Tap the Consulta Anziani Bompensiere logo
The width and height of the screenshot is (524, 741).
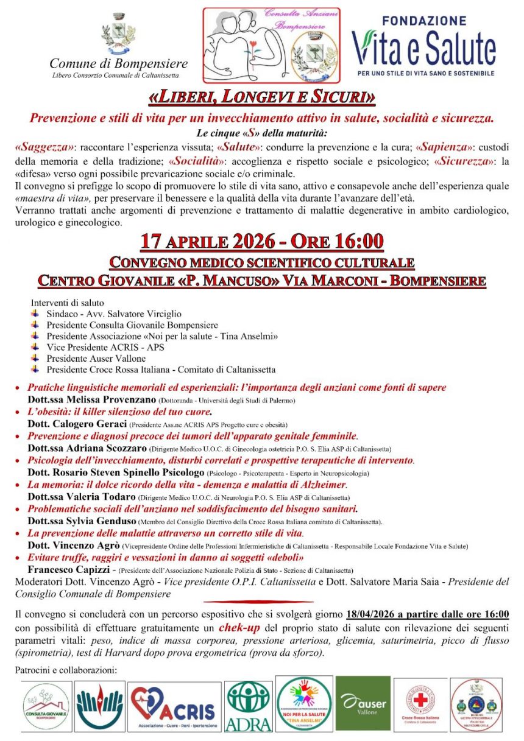coord(271,46)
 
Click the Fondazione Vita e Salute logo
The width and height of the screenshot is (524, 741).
coord(424,46)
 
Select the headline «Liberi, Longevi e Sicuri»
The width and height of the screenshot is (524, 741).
coord(261,97)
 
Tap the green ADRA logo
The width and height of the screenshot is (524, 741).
coord(248,706)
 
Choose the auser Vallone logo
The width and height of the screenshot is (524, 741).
coord(363,703)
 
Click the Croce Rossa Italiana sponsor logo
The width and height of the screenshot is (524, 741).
coord(420,704)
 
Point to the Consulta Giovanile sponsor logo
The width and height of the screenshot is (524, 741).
coord(46,706)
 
